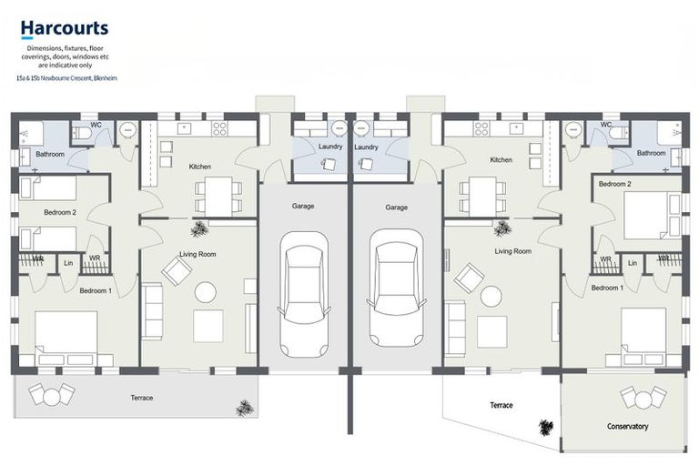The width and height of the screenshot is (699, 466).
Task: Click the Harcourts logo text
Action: [x=64, y=30]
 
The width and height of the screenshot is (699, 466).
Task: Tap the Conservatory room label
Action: [x=627, y=426]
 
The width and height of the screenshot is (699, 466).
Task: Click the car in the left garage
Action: [x=303, y=293]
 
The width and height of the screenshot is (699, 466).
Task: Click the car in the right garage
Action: [x=396, y=293]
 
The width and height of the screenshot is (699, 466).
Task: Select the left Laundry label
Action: [x=329, y=147]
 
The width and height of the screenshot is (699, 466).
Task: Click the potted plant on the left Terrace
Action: [x=243, y=409]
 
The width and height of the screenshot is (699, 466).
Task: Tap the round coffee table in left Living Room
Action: [x=206, y=292]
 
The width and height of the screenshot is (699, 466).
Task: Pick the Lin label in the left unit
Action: [x=69, y=263]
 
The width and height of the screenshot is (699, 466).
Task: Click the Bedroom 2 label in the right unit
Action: [x=615, y=184]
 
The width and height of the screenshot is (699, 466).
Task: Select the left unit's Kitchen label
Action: [x=199, y=167]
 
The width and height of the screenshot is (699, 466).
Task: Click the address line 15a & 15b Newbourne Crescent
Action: [x=65, y=79]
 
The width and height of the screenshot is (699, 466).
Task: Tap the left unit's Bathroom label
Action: [x=50, y=154]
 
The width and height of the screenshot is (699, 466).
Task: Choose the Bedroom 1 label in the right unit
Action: [x=607, y=288]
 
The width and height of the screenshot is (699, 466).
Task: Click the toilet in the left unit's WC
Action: [x=82, y=133]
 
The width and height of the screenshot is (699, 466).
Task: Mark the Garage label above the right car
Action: [x=396, y=207]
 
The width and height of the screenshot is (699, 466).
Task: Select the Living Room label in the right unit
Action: [x=512, y=250]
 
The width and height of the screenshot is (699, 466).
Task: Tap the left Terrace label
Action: [x=141, y=398]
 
